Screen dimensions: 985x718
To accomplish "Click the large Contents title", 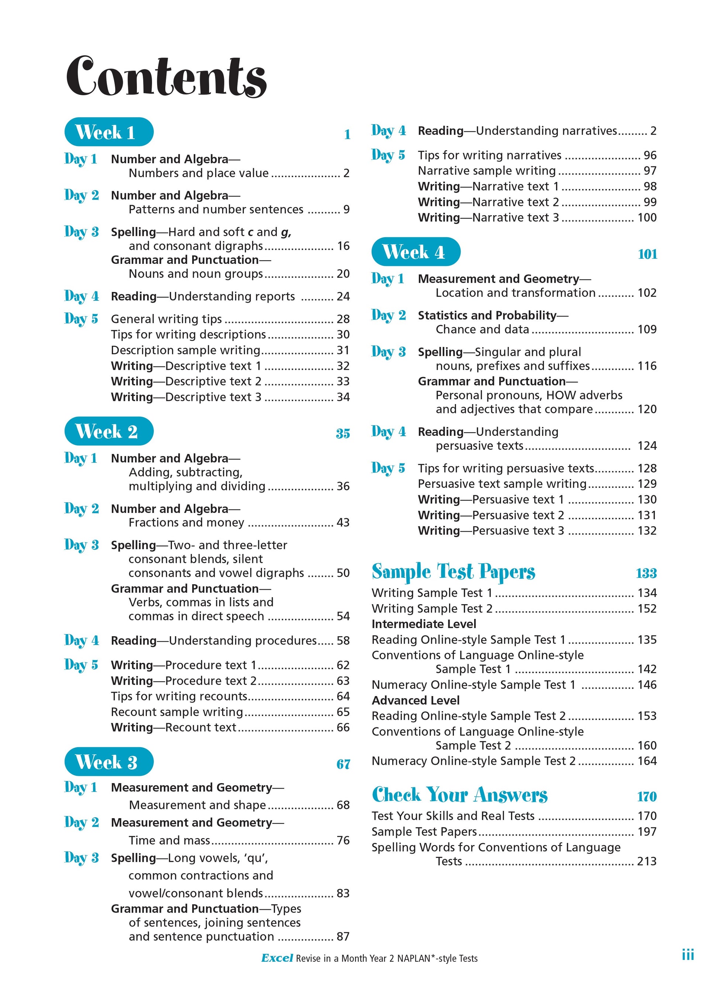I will [166, 77].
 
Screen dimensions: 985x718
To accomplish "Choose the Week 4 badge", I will [415, 252].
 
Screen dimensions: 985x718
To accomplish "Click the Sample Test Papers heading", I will [453, 572].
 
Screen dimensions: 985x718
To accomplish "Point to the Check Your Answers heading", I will [459, 795].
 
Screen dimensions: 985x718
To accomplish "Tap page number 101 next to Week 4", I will [647, 254].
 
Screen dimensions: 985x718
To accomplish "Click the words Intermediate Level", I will [424, 624].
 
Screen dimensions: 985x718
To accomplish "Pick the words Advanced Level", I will [415, 700].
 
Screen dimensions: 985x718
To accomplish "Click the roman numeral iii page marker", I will [688, 955].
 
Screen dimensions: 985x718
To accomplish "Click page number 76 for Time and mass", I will [343, 840].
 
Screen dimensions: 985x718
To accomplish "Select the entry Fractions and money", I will [186, 523].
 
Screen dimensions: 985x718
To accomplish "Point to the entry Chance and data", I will [483, 330].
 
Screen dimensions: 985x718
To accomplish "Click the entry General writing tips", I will [166, 319].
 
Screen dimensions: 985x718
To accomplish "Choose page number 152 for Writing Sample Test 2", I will [647, 609].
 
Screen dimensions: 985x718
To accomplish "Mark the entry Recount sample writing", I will [177, 712].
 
